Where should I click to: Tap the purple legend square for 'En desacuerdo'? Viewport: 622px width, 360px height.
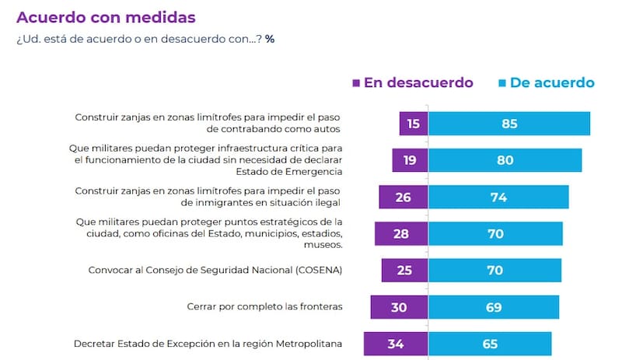pos(356,82)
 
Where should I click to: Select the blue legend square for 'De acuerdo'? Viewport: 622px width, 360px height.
pos(502,82)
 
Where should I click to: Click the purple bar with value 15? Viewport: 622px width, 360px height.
pos(414,124)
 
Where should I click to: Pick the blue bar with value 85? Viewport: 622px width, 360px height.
pos(508,124)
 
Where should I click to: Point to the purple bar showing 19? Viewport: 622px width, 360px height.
pos(410,160)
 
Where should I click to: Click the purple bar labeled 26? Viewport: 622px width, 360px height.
pos(404,197)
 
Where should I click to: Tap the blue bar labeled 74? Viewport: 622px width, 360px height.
pos(498,197)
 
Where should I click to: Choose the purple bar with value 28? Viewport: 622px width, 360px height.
pos(401,233)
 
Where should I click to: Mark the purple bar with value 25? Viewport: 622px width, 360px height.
pos(404,270)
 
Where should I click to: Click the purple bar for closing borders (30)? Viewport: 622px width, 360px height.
pos(399,306)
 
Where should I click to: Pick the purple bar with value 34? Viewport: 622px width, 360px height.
pos(396,343)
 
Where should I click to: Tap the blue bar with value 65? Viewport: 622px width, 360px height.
pos(489,343)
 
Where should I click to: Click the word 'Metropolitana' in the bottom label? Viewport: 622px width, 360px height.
pos(308,343)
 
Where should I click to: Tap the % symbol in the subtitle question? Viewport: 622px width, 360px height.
pos(269,38)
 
